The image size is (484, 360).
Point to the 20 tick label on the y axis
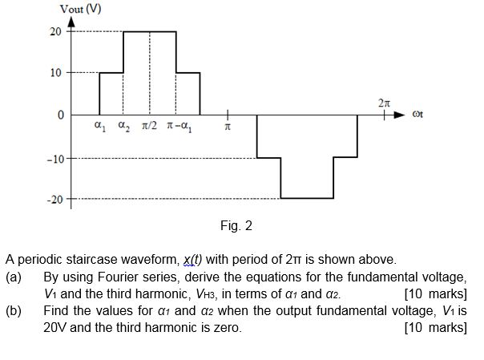pyautogui.click(x=55, y=31)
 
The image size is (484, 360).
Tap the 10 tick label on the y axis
pyautogui.click(x=55, y=73)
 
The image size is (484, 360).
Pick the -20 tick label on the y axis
pyautogui.click(x=53, y=198)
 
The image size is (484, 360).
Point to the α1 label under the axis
pyautogui.click(x=99, y=127)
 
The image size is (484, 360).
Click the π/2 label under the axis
pyautogui.click(x=151, y=127)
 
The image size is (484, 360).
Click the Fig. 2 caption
pyautogui.click(x=236, y=226)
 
